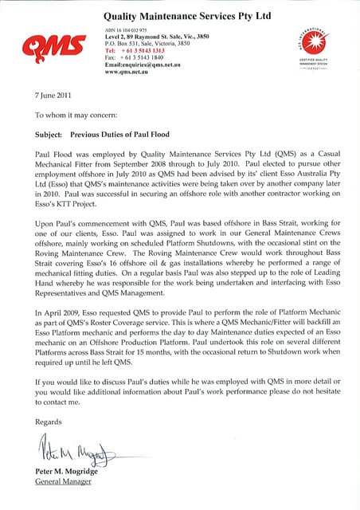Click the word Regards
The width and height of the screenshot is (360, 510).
[49, 421]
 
